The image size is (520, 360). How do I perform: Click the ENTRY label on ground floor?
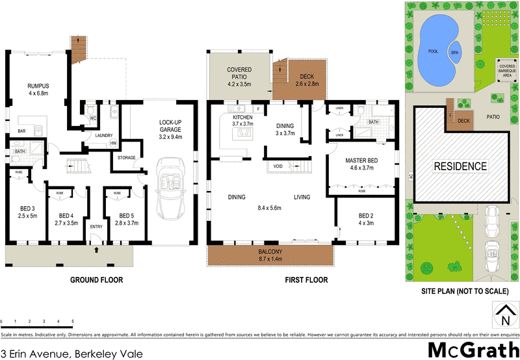click(96, 227)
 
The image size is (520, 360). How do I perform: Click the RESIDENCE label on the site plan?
click(460, 166)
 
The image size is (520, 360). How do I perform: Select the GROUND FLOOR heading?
click(96, 281)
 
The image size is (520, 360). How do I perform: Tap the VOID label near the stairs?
click(279, 166)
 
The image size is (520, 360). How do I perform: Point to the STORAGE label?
click(127, 157)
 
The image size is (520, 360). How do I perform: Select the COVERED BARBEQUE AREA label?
click(507, 70)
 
